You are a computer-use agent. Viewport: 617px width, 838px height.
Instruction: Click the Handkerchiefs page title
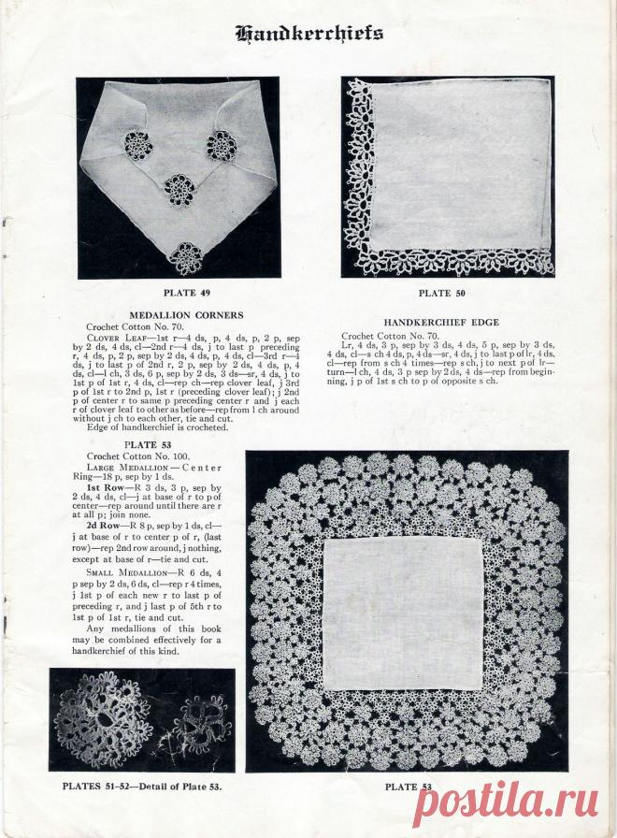(309, 35)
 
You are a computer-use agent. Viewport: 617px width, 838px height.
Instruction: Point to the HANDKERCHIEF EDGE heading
(441, 322)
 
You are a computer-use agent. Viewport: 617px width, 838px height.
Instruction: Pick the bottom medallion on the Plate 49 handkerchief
(188, 256)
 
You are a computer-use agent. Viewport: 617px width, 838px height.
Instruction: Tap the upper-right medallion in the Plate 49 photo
(222, 145)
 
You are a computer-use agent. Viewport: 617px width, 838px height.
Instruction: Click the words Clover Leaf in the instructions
(110, 337)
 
